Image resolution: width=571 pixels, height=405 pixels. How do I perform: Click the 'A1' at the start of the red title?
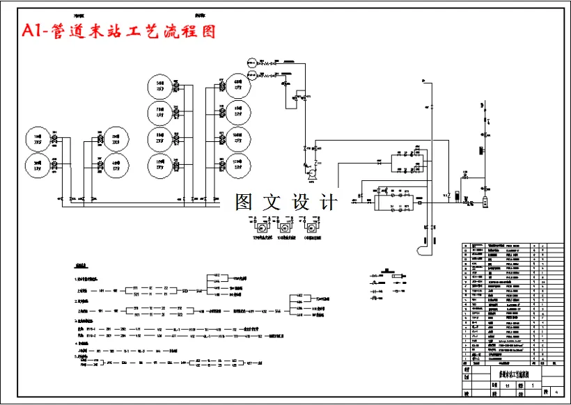(x=31, y=31)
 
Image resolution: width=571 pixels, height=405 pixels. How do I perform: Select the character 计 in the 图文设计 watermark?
(x=326, y=202)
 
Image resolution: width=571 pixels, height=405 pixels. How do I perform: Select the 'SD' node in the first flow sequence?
(x=185, y=290)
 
